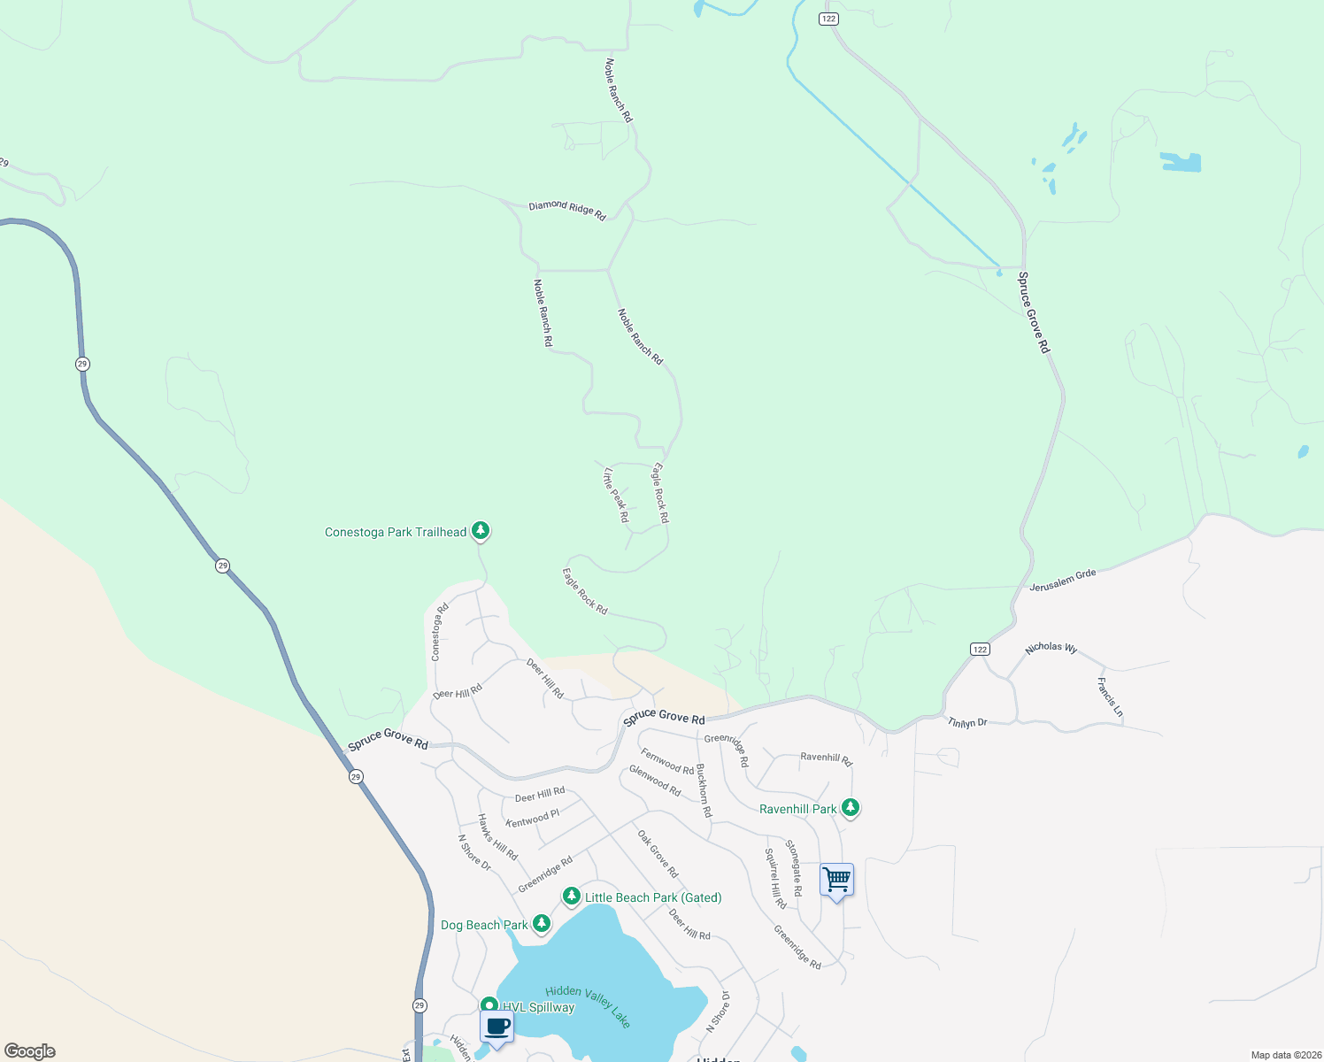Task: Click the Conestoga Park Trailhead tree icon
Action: click(x=481, y=531)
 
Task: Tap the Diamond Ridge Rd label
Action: click(x=567, y=210)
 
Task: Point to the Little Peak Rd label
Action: click(x=616, y=495)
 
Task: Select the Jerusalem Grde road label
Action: click(x=1063, y=580)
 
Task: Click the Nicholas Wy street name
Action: click(x=1051, y=648)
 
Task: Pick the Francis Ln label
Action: click(x=1110, y=697)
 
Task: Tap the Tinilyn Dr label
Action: click(x=967, y=723)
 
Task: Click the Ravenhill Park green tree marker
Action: click(x=851, y=807)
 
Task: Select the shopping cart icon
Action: click(x=836, y=880)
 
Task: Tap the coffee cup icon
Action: click(x=496, y=1027)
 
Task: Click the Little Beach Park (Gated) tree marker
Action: click(x=572, y=897)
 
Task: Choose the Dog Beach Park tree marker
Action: click(x=542, y=924)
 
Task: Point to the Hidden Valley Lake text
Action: click(x=589, y=1006)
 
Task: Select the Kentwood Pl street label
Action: click(x=533, y=819)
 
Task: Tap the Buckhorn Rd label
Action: click(x=704, y=790)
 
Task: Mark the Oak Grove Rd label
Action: click(x=658, y=854)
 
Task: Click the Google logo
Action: click(x=30, y=1051)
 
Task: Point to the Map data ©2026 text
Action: click(x=1285, y=1055)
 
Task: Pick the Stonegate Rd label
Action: click(x=795, y=868)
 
